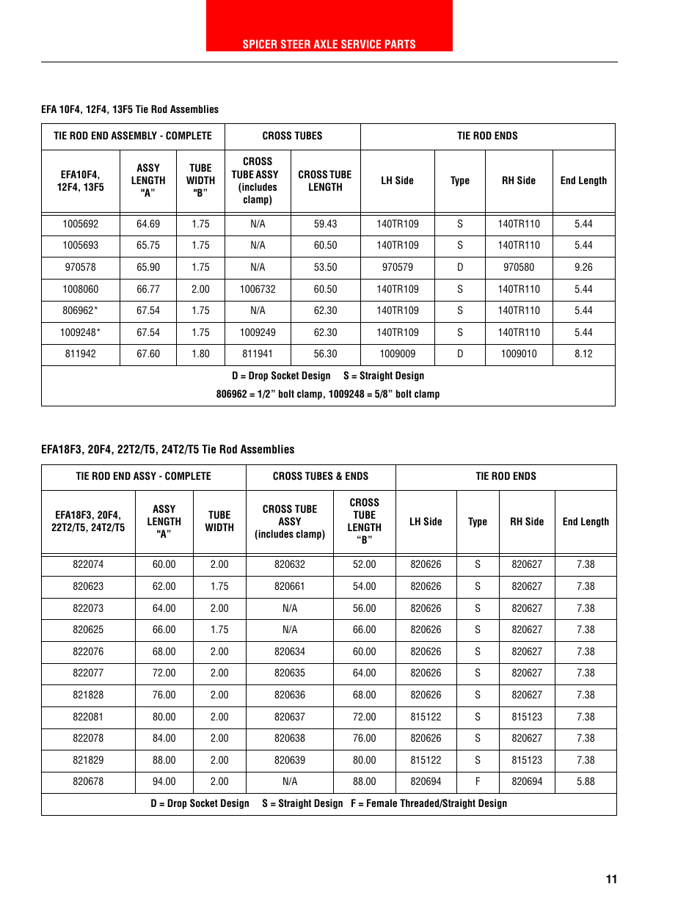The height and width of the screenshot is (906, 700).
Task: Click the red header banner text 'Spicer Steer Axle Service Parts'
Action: pos(329,44)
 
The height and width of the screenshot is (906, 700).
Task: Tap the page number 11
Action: pos(611,879)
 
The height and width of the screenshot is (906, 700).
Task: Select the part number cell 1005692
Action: pos(80,224)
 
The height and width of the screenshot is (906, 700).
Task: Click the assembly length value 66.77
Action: pos(148,289)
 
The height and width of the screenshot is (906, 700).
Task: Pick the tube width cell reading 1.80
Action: pos(200,354)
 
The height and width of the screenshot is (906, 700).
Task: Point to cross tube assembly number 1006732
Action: pos(258,289)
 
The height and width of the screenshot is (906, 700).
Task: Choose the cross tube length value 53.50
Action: pos(325,267)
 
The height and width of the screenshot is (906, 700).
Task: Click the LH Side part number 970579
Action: pos(397,267)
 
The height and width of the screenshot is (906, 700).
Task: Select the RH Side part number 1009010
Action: pos(519,354)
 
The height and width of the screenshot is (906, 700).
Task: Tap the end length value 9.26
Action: pos(583,267)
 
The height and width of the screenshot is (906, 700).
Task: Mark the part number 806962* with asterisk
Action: pos(80,310)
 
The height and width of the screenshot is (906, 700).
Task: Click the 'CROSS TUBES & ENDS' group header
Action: pos(321,476)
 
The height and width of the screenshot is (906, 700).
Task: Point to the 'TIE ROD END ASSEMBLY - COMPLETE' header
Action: pos(133,136)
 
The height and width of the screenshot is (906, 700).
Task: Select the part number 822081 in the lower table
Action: pos(88,717)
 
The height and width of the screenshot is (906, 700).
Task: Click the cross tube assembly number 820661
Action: pos(290,586)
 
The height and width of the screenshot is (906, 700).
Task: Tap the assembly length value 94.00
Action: pos(164,781)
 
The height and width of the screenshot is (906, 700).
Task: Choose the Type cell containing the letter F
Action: pos(478,781)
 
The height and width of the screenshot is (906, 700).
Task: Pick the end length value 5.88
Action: pos(586,781)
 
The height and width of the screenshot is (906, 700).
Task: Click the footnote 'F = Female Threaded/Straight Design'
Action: pos(429,803)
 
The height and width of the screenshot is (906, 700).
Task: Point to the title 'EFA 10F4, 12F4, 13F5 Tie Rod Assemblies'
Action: pos(130,109)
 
